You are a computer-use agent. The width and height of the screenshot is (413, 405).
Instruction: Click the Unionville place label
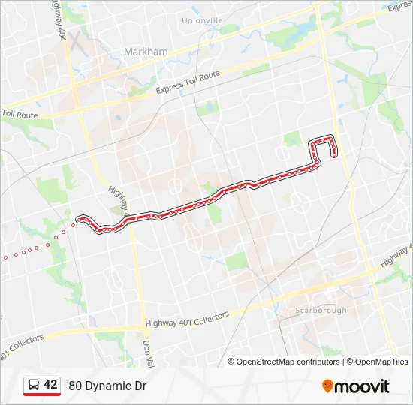pyautogui.click(x=202, y=20)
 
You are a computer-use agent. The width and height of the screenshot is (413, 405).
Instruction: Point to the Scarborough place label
pyautogui.click(x=320, y=310)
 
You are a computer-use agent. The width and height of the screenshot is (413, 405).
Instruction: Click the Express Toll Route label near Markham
pyautogui.click(x=188, y=82)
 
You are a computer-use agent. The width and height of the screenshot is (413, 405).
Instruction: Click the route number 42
pyautogui.click(x=50, y=385)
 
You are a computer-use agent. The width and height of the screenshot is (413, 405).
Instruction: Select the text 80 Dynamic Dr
pyautogui.click(x=107, y=386)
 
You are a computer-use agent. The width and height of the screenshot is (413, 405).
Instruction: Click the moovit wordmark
pyautogui.click(x=363, y=386)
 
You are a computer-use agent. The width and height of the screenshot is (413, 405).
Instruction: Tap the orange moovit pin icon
pyautogui.click(x=327, y=385)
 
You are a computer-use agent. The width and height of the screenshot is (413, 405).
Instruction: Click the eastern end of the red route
pyautogui.click(x=333, y=154)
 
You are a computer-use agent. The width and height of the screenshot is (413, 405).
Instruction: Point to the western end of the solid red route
pyautogui.click(x=79, y=219)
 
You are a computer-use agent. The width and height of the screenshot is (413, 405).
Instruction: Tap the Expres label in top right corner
pyautogui.click(x=399, y=7)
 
